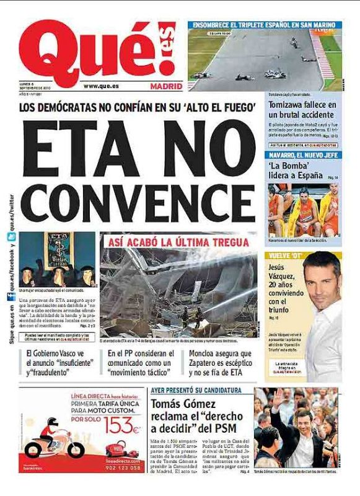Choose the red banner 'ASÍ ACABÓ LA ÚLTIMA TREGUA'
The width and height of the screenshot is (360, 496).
[x=178, y=242]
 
